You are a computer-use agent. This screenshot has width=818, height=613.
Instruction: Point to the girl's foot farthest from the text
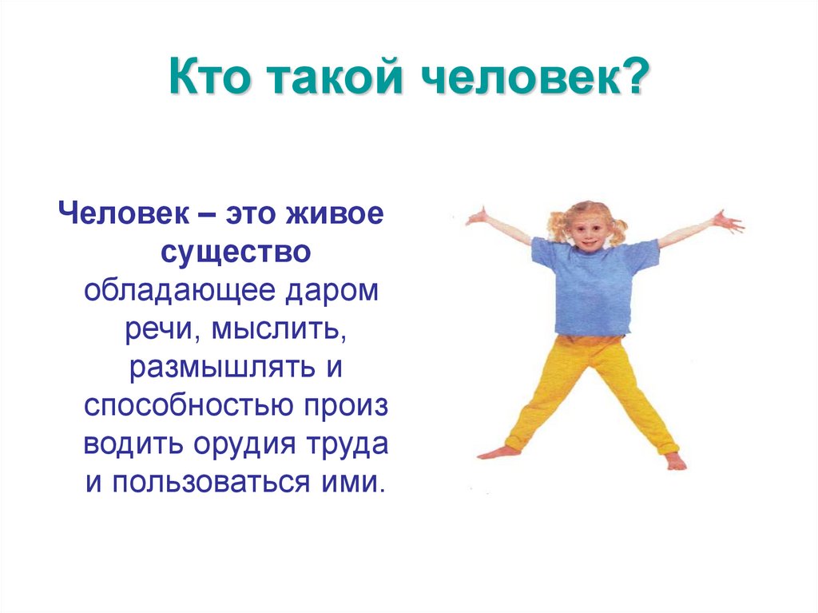(675, 461)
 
